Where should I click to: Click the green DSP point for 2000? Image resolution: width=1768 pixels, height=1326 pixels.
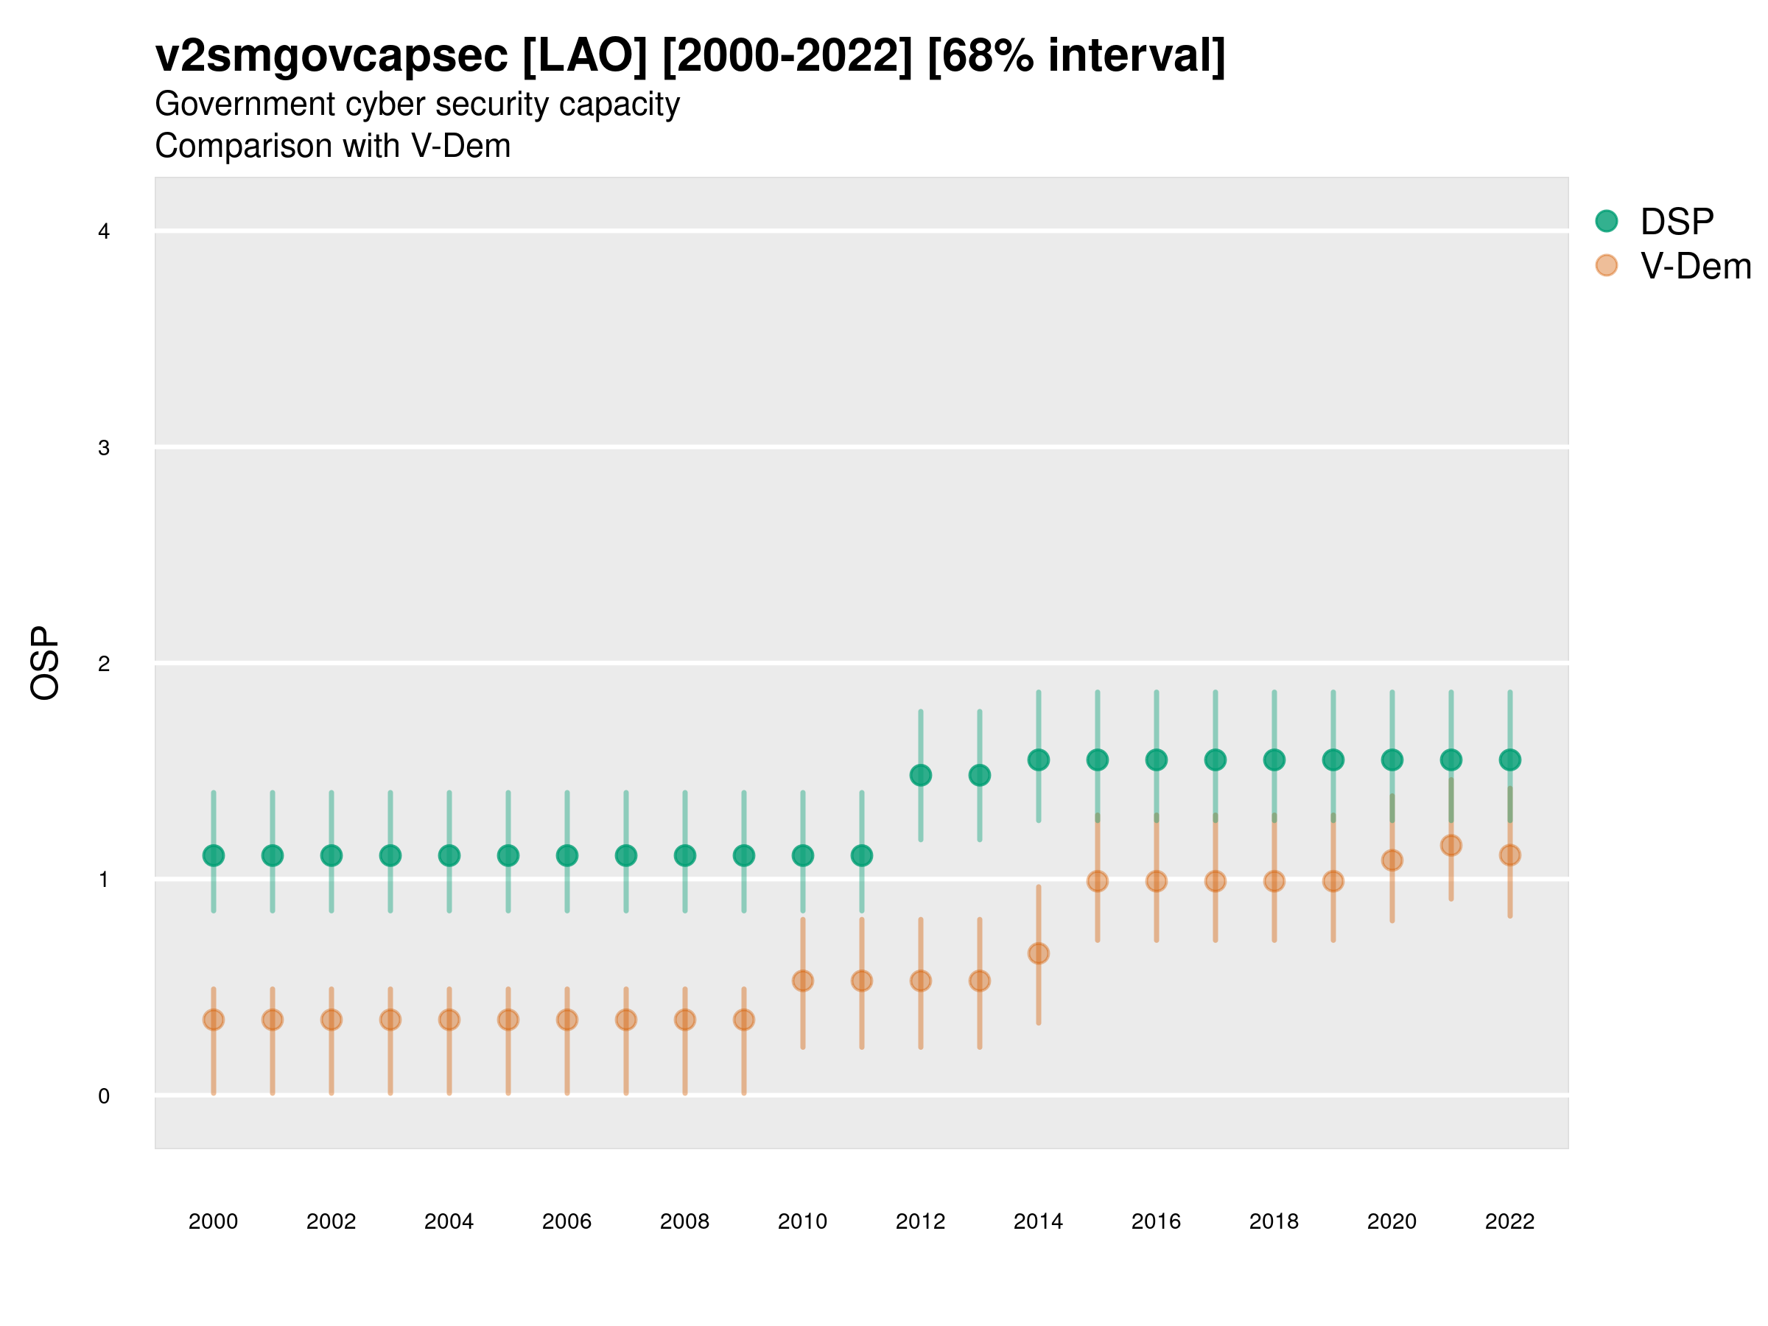[214, 855]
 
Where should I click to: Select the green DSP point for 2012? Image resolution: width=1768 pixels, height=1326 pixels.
[921, 775]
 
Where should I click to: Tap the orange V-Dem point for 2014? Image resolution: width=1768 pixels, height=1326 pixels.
[1038, 953]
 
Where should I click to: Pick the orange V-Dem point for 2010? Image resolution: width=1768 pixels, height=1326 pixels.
[802, 981]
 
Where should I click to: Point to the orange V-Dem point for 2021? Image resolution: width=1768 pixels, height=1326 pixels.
[1450, 846]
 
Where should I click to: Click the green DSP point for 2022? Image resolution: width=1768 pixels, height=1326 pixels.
[1510, 760]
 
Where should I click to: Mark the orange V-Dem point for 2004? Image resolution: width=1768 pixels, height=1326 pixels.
[449, 1020]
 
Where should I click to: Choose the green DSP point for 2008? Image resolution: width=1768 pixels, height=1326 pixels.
[685, 855]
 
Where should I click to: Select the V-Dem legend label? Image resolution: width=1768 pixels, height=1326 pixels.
[1695, 266]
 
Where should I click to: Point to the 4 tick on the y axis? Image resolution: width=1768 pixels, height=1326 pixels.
[104, 232]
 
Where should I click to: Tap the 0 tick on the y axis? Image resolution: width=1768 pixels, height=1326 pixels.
[104, 1096]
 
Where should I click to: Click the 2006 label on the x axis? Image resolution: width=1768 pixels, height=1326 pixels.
[566, 1221]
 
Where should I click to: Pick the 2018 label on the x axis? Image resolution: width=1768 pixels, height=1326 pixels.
[1274, 1221]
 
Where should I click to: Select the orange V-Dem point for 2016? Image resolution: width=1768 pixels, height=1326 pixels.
[1157, 882]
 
